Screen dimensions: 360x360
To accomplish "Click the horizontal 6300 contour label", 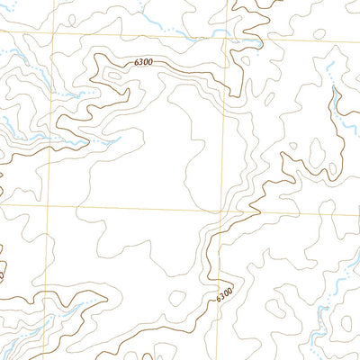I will [x=142, y=62].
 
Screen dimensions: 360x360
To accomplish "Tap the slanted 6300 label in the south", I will [x=224, y=294].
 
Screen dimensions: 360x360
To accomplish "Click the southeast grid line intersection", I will [x=220, y=212].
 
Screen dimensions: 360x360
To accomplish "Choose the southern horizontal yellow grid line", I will [x=135, y=210].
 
